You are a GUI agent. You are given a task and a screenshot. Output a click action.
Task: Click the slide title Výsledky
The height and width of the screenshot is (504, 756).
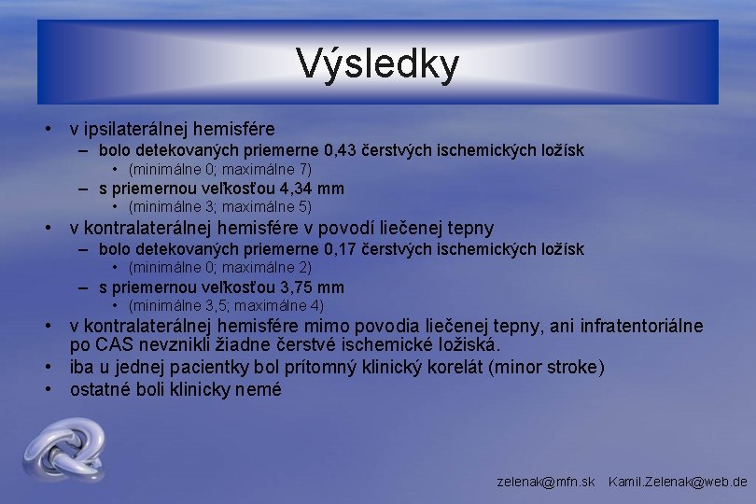coord(378,63)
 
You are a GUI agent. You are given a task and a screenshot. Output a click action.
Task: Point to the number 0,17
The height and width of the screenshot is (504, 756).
coord(341,249)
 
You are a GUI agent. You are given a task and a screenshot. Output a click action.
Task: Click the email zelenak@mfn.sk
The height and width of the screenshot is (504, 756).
coord(546,482)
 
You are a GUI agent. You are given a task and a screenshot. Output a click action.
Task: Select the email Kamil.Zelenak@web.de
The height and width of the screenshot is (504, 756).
coord(678,482)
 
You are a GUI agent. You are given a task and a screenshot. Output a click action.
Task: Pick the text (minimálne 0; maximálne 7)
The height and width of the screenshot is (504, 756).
coord(219,169)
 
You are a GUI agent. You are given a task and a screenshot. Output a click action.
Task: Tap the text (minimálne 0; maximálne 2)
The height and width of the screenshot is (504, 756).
coord(219,268)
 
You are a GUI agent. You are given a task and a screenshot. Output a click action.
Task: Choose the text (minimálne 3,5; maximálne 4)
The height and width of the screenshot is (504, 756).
coord(226,306)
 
